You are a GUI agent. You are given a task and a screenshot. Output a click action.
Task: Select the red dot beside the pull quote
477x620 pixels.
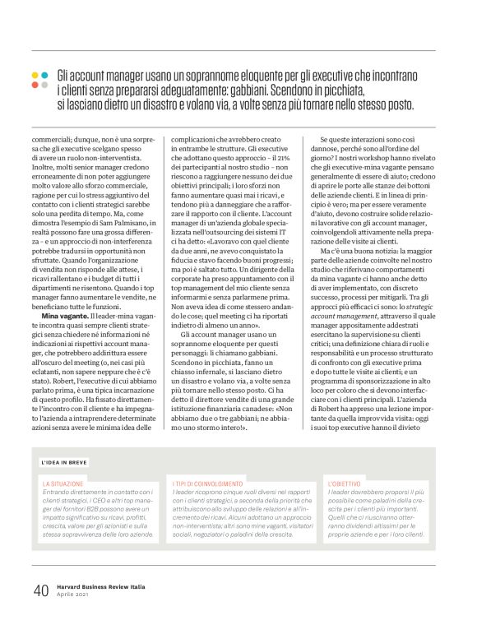35,85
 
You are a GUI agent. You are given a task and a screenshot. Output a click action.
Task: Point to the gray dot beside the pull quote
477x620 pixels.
45,85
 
